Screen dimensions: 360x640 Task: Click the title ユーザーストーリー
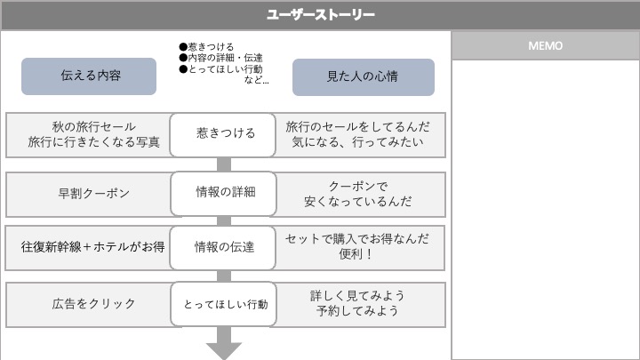coord(320,15)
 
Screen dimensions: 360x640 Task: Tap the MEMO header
coord(545,46)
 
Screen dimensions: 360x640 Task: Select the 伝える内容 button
coord(89,76)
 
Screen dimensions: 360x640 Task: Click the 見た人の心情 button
coord(363,76)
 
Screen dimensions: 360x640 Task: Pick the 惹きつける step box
coord(225,133)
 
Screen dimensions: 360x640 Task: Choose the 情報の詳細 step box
coord(225,191)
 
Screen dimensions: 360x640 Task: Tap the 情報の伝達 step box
coord(225,246)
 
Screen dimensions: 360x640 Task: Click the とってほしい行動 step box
coord(225,303)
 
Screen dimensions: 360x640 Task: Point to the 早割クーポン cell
coord(88,192)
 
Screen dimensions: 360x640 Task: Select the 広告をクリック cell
coord(88,303)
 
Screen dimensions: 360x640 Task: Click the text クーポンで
coord(357,185)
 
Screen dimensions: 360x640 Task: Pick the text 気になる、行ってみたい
coord(357,141)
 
